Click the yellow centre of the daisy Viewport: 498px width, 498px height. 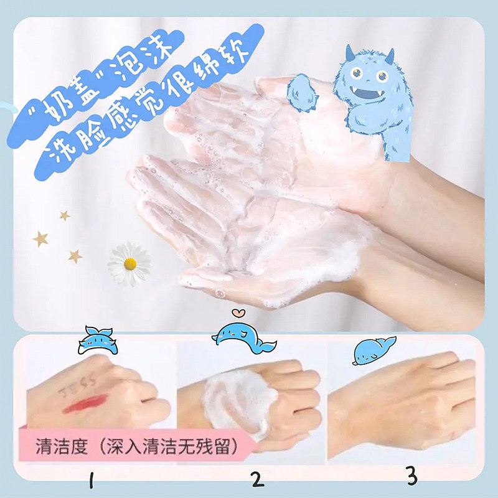130,264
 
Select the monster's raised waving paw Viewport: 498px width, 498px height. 301,93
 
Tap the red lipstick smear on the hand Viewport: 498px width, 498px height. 85,403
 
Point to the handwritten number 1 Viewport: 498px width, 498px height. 92,479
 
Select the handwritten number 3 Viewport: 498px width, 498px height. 412,476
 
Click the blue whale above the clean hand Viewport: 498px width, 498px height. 374,350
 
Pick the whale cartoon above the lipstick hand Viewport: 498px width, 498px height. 97,341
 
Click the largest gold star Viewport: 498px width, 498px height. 40,239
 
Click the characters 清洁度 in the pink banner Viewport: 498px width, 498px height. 62,446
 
